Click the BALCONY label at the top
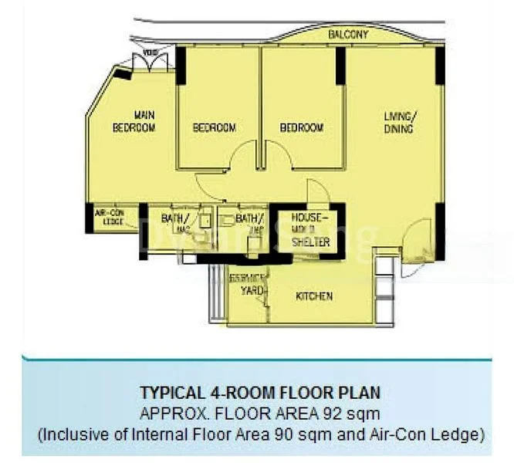[348, 35]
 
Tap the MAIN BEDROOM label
[134, 121]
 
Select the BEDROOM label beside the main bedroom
[214, 127]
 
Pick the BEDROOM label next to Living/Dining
[301, 127]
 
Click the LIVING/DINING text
[399, 123]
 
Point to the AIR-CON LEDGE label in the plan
[108, 218]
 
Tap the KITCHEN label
[314, 296]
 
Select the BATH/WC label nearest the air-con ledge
[175, 223]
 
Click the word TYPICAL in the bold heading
[166, 391]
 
